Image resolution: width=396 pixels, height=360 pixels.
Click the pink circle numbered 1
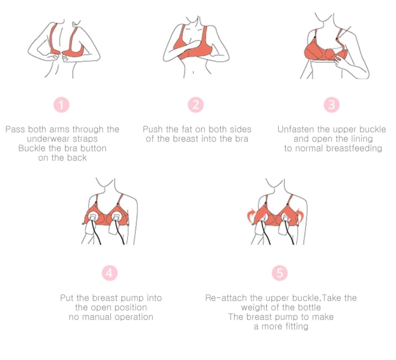click(61, 105)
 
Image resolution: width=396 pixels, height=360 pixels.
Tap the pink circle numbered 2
click(196, 105)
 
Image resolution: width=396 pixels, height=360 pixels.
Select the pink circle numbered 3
click(332, 105)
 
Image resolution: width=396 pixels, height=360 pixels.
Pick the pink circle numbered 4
click(110, 273)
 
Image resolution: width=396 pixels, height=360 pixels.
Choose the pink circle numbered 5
click(280, 273)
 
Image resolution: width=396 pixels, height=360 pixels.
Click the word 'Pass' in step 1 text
click(15, 129)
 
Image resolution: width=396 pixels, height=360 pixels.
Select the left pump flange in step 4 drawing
click(93, 217)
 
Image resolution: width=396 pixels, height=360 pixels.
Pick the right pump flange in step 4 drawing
click(116, 217)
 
